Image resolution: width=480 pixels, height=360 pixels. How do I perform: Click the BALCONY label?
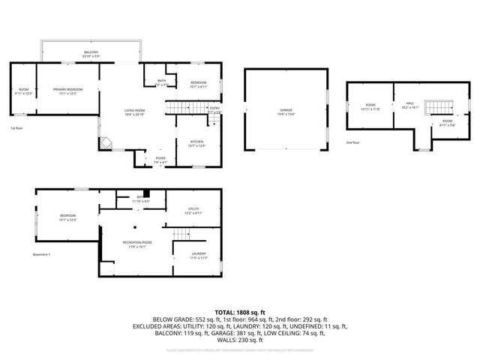[91, 52]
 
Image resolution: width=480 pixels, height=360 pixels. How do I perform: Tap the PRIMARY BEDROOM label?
[67, 90]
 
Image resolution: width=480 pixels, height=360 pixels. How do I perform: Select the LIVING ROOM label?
[135, 111]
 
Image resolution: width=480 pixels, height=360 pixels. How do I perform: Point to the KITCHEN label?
[196, 141]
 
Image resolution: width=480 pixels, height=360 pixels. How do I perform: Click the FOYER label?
[160, 158]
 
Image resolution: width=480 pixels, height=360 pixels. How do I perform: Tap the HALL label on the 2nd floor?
[410, 104]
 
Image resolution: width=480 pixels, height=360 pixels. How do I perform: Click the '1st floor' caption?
[16, 128]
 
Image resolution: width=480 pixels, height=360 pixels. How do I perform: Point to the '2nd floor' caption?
[352, 142]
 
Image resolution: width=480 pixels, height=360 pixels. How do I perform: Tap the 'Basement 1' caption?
[41, 255]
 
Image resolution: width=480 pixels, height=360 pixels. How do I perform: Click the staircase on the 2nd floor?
[436, 108]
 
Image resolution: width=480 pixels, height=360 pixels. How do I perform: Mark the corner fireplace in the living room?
[106, 141]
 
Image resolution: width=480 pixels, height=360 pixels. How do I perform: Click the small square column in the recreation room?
[136, 226]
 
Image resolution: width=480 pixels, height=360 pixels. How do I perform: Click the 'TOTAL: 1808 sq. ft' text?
[240, 311]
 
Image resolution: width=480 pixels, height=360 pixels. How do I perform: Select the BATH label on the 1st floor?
[162, 81]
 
